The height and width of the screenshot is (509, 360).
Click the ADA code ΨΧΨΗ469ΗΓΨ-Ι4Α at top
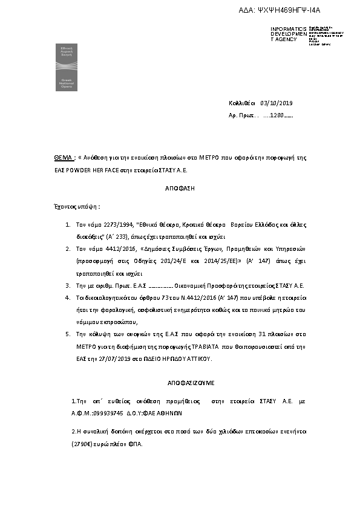pyautogui.click(x=284, y=10)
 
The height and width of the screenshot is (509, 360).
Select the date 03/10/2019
pyautogui.click(x=276, y=103)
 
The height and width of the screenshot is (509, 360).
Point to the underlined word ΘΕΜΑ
pyautogui.click(x=64, y=157)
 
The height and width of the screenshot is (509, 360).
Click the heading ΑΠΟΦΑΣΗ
pyautogui.click(x=179, y=189)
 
